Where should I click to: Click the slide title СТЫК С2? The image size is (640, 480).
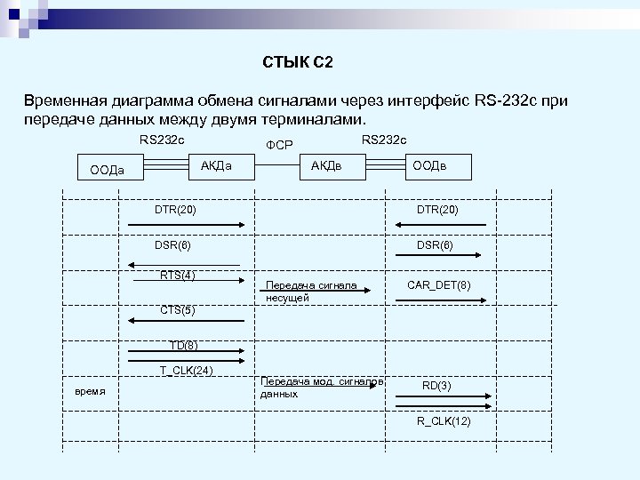(298, 61)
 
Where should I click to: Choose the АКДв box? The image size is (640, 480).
(325, 165)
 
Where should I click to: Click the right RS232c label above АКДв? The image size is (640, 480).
(384, 139)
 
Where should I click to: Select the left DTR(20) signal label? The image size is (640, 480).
(175, 210)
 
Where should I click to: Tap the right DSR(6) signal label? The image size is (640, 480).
(436, 244)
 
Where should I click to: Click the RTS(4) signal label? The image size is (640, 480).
(178, 275)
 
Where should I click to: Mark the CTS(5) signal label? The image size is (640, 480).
(178, 310)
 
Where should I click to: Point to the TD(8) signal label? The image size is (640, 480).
(184, 345)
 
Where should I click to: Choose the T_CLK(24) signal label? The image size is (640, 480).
(186, 371)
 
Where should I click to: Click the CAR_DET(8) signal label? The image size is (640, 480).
(439, 284)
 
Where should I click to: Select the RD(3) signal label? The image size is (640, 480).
(436, 385)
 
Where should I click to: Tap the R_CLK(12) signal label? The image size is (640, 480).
(444, 420)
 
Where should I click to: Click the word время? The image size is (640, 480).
(90, 391)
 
